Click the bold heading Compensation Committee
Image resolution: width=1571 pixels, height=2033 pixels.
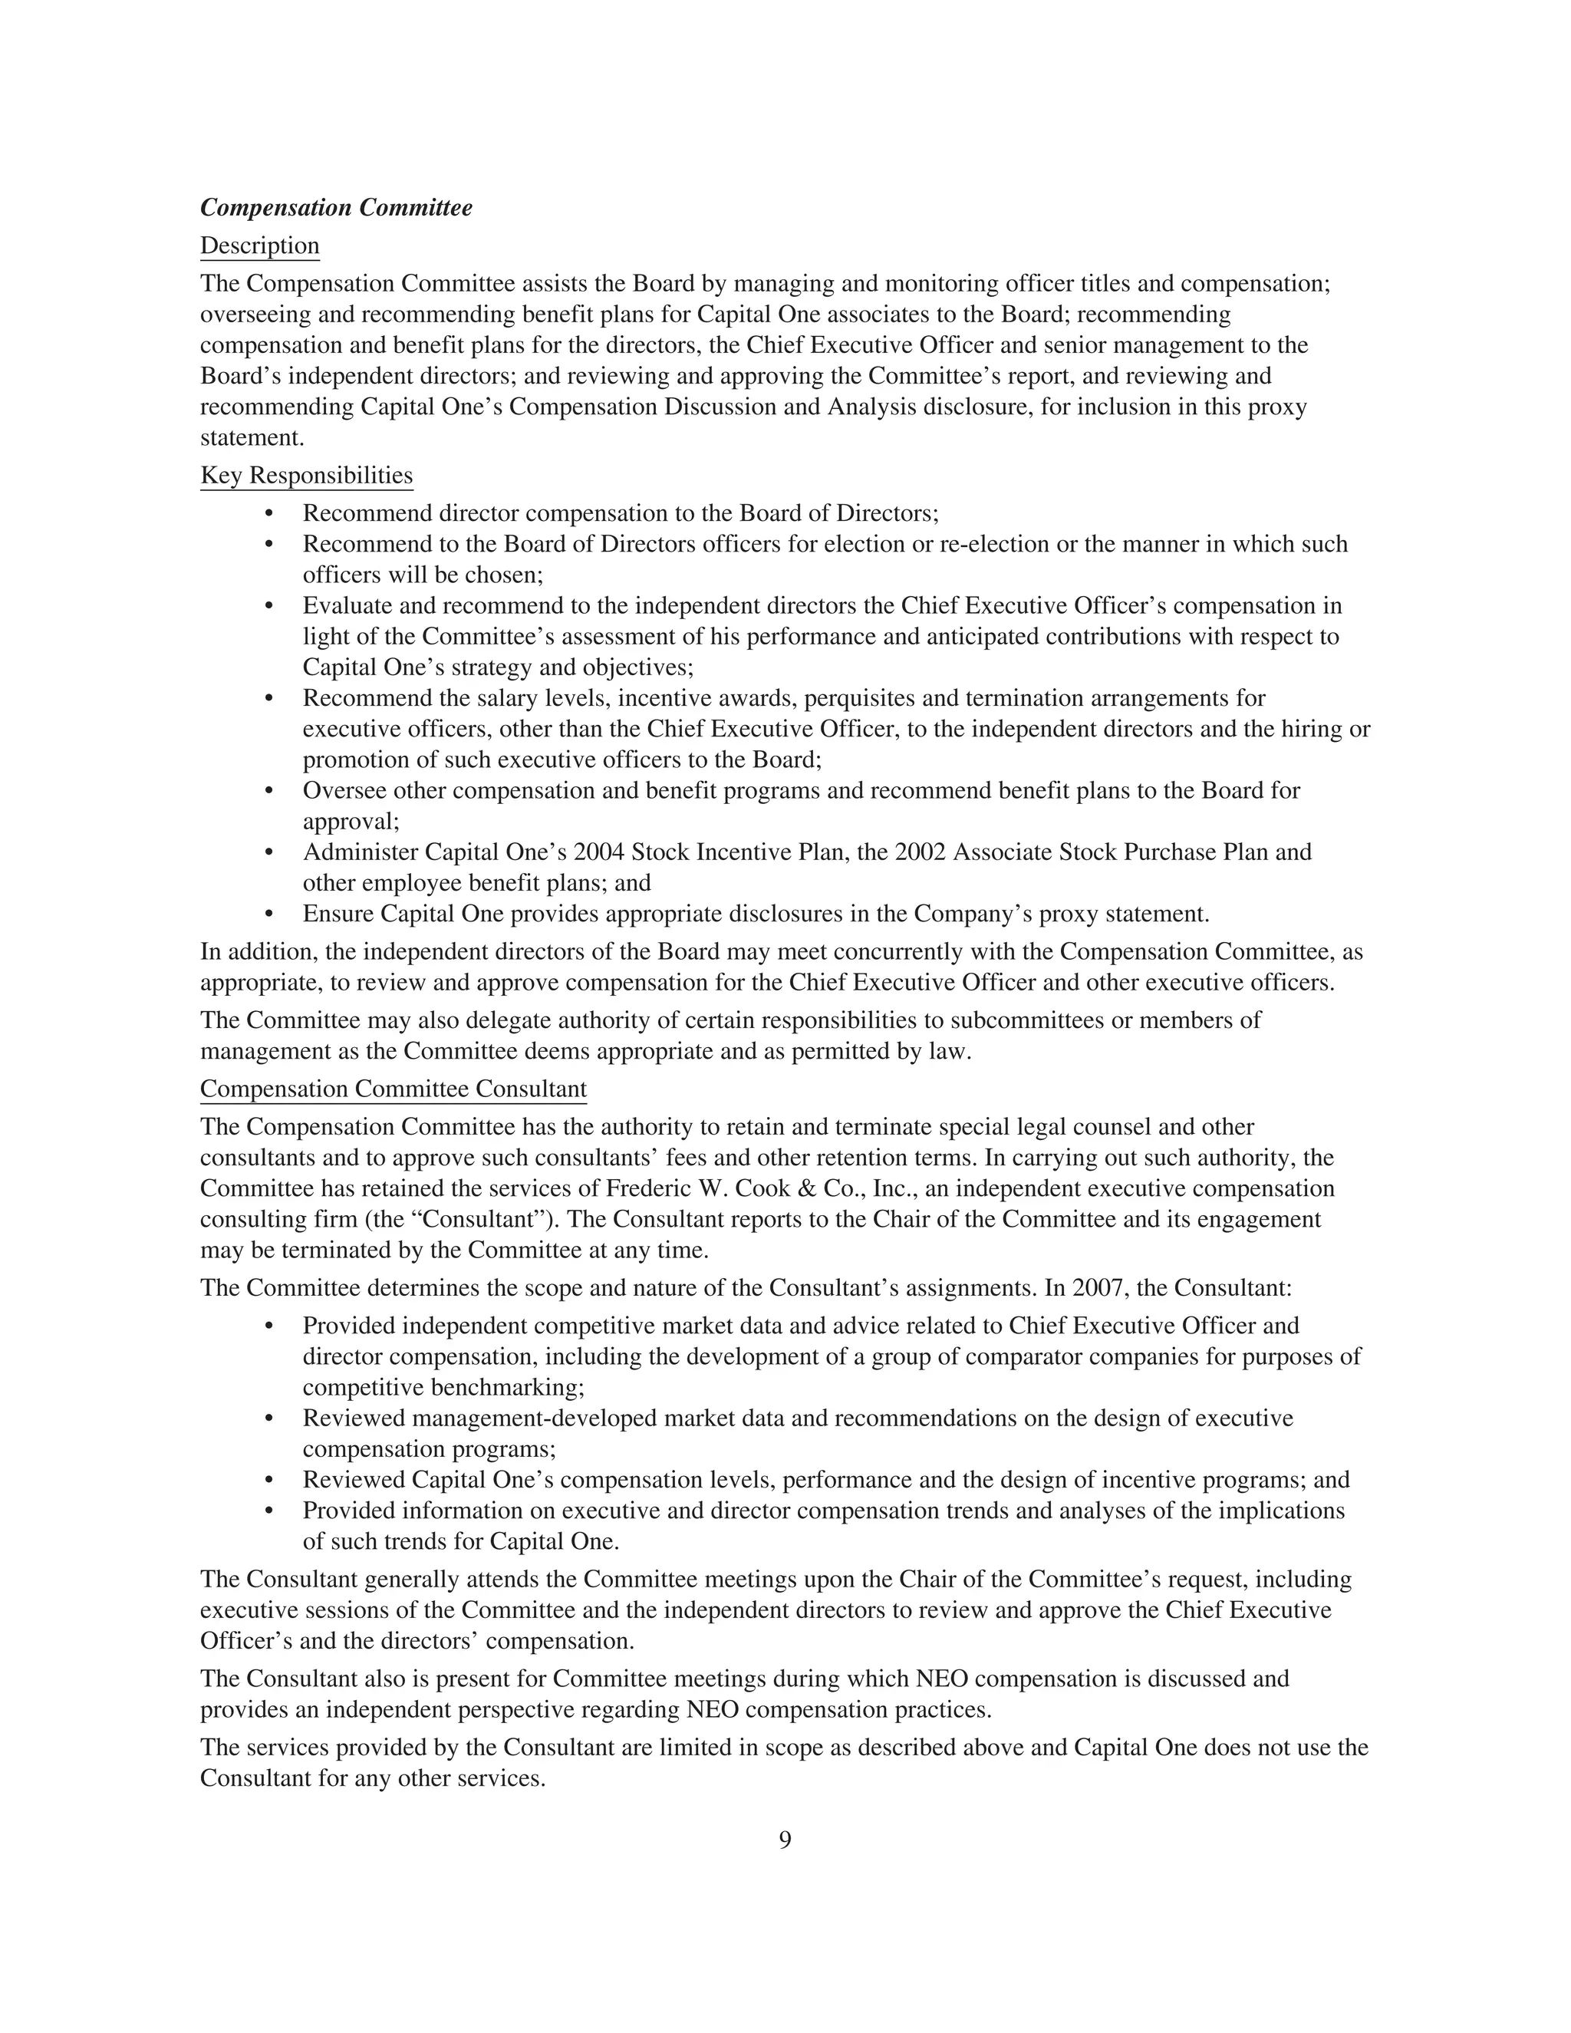(x=336, y=208)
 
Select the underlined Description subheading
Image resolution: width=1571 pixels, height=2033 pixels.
(x=260, y=245)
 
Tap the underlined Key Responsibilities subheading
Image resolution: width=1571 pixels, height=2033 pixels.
(x=306, y=476)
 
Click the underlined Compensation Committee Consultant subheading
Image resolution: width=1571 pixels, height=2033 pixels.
(x=393, y=1089)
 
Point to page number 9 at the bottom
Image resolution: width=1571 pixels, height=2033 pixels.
(x=785, y=1840)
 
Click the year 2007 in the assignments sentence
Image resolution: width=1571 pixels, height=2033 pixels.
(x=1098, y=1288)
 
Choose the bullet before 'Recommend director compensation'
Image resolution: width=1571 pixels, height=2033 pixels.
(x=270, y=514)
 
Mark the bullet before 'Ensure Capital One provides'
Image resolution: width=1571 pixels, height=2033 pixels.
(x=270, y=914)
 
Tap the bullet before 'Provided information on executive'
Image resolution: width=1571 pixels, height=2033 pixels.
(x=270, y=1511)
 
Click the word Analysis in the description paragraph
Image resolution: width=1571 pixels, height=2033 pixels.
(x=870, y=407)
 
